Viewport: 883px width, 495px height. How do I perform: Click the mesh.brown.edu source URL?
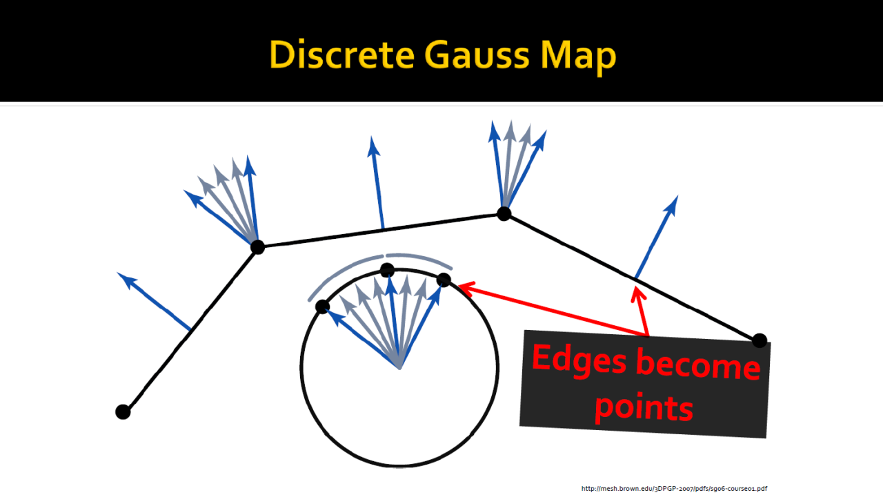click(x=674, y=489)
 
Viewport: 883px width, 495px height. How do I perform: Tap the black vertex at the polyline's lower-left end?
click(x=123, y=412)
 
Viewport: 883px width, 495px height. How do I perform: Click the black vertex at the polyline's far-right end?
click(x=760, y=340)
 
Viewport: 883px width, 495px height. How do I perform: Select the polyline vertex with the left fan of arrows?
click(x=257, y=246)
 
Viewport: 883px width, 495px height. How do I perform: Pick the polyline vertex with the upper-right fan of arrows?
click(x=504, y=213)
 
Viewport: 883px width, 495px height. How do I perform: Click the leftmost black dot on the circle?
click(x=322, y=307)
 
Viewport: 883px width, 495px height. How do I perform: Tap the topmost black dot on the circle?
click(x=388, y=270)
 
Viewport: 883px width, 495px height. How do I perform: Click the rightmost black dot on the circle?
click(x=444, y=280)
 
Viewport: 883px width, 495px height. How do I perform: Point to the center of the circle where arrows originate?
click(x=399, y=367)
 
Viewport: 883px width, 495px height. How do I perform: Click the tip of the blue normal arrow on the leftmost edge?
click(x=120, y=275)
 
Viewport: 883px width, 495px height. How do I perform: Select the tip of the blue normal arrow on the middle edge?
click(x=373, y=138)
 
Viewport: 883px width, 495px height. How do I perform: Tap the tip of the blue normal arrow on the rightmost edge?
click(x=677, y=197)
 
